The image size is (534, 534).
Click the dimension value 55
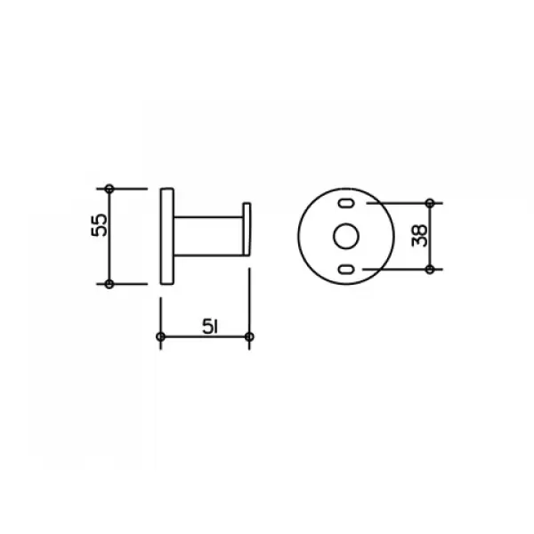pos(99,225)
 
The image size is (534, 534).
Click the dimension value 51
pos(210,327)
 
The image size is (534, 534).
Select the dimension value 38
pos(419,236)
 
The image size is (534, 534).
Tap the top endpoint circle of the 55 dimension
pos(109,189)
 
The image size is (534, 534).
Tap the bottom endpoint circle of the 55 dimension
pos(109,284)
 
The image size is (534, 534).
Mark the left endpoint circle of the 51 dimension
pos(160,336)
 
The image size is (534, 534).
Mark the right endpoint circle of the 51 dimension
pos(249,336)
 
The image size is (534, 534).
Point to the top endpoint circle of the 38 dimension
pos(430,203)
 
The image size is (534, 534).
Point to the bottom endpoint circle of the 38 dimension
pos(430,270)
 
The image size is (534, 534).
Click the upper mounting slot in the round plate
pos(346,203)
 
